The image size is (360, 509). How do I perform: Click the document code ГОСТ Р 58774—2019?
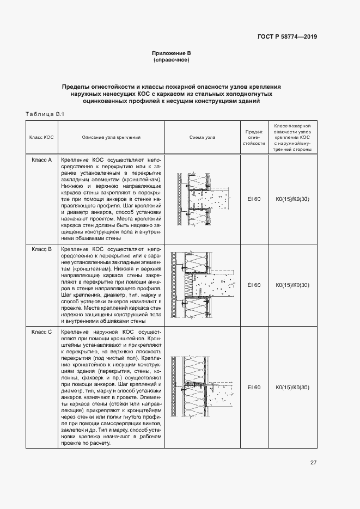tap(286, 37)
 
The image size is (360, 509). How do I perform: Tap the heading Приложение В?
tap(171, 53)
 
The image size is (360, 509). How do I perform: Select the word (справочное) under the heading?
tap(171, 60)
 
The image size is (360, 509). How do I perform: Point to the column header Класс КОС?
tap(41, 137)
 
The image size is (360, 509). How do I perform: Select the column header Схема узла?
tap(202, 137)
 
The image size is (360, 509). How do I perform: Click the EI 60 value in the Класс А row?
tap(254, 199)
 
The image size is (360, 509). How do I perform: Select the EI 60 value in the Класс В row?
tap(254, 285)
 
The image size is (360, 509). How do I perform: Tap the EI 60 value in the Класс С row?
tap(254, 387)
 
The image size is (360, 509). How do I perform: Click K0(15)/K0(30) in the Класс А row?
tap(292, 199)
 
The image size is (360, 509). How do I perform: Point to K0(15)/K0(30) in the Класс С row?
tap(292, 387)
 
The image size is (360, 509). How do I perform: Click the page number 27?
tap(314, 463)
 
